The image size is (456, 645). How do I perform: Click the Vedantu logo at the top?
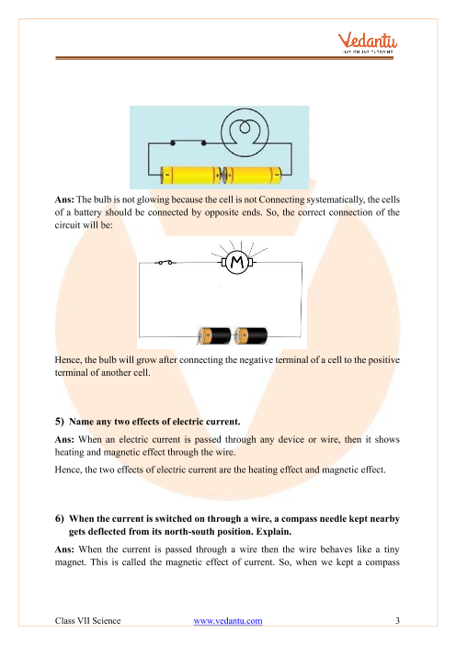pos(368,43)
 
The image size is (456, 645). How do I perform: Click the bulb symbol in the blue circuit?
pos(245,132)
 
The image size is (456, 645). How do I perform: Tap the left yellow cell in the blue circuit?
pos(190,175)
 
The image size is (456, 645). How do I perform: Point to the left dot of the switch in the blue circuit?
pos(173,143)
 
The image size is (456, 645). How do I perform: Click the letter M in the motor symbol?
pos(237,262)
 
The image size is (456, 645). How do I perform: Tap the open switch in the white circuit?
pos(165,262)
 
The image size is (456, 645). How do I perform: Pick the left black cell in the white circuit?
pos(214,336)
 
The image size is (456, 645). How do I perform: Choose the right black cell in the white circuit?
pos(251,336)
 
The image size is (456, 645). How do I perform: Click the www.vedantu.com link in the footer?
pos(228,621)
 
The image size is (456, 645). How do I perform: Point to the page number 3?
pos(397,621)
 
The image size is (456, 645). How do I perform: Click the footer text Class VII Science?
pos(87,621)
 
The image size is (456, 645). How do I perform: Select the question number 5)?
pos(60,422)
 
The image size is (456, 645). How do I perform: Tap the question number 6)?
pos(60,519)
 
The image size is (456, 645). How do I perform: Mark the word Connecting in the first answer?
pos(281,200)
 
